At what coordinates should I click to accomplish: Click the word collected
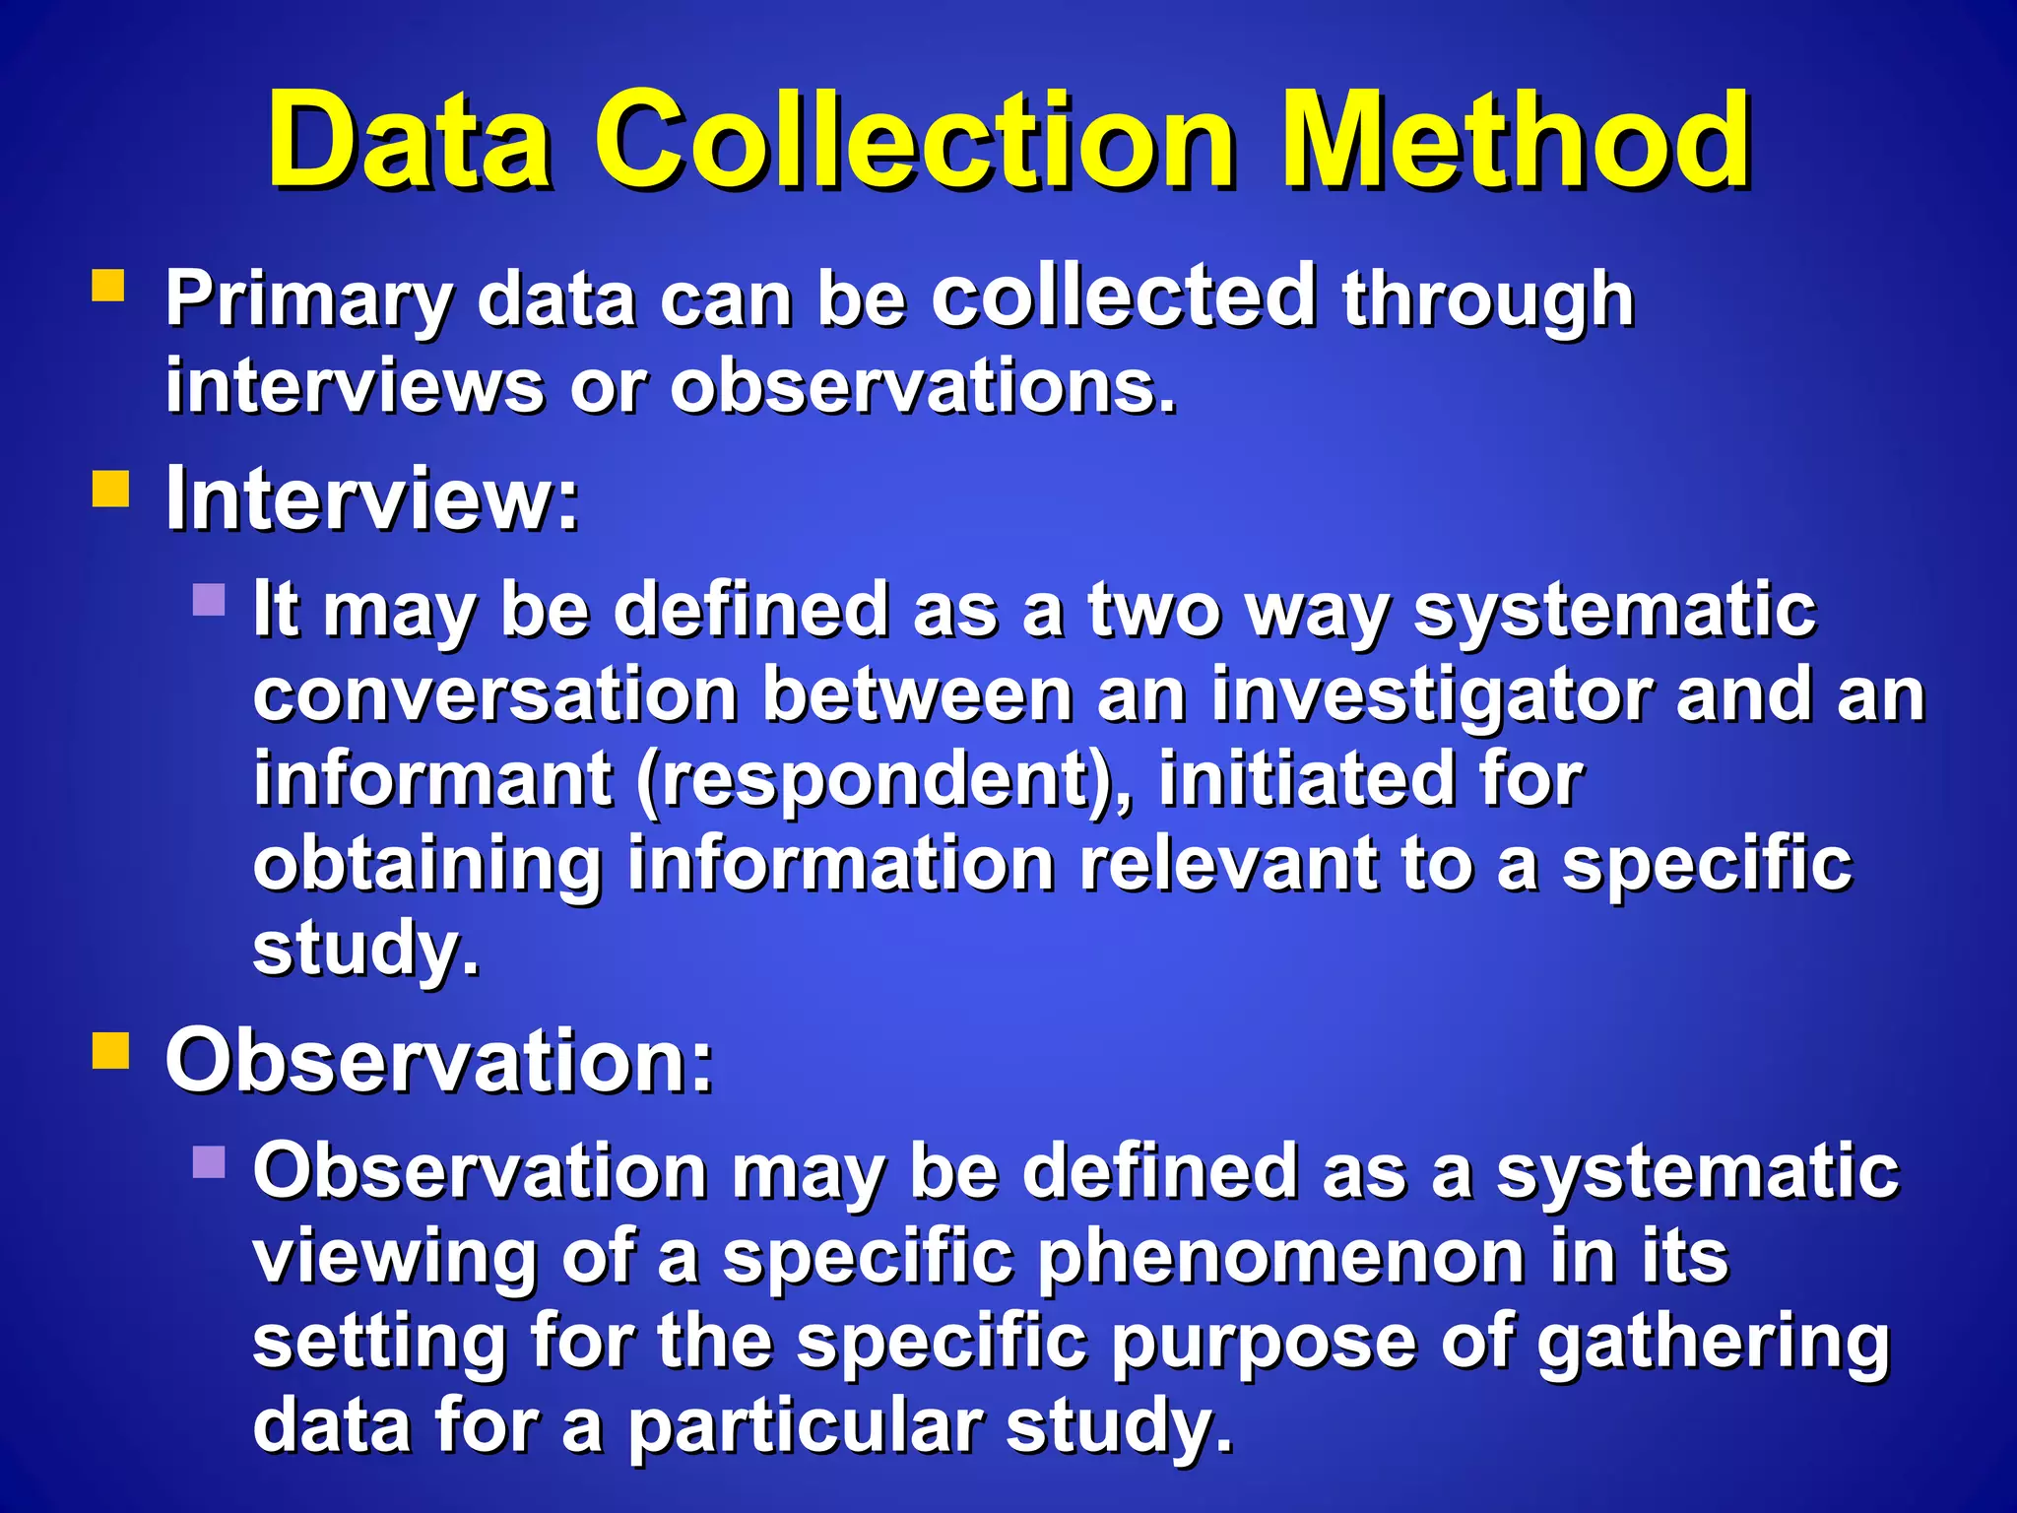coord(1124,296)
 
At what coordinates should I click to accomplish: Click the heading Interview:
coord(372,498)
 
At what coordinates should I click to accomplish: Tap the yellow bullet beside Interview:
coord(110,489)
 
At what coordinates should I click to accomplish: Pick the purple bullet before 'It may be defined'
coord(209,599)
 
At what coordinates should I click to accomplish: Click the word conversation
coord(495,695)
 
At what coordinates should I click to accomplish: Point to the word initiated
coord(1306,778)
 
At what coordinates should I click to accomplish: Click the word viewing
coord(394,1259)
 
